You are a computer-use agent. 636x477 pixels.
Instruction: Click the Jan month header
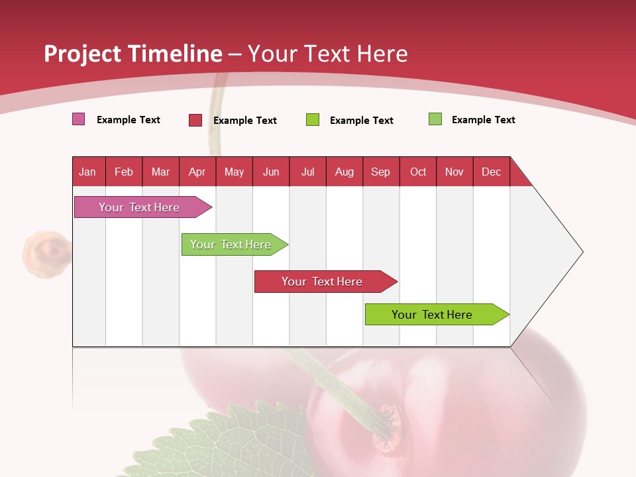[x=87, y=172]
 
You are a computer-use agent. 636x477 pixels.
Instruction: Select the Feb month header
[x=124, y=172]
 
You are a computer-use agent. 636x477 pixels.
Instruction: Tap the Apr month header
[x=197, y=172]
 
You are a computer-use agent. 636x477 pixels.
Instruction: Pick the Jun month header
[x=271, y=172]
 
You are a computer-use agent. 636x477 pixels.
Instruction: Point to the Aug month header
[x=344, y=172]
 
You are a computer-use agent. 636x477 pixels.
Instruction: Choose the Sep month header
[x=380, y=172]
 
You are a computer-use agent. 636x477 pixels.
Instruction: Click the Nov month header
[x=454, y=172]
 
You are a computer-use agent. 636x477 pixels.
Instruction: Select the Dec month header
[x=491, y=172]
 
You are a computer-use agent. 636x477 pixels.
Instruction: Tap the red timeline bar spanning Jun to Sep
[x=323, y=282]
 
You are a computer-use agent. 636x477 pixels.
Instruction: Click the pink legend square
[x=79, y=119]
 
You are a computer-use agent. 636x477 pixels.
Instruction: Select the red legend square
[x=195, y=120]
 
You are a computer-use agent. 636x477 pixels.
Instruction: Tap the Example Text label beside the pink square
[x=129, y=120]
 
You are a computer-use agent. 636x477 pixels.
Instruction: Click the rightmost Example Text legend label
[x=483, y=120]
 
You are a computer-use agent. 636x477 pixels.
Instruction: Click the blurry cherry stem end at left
[x=46, y=252]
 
